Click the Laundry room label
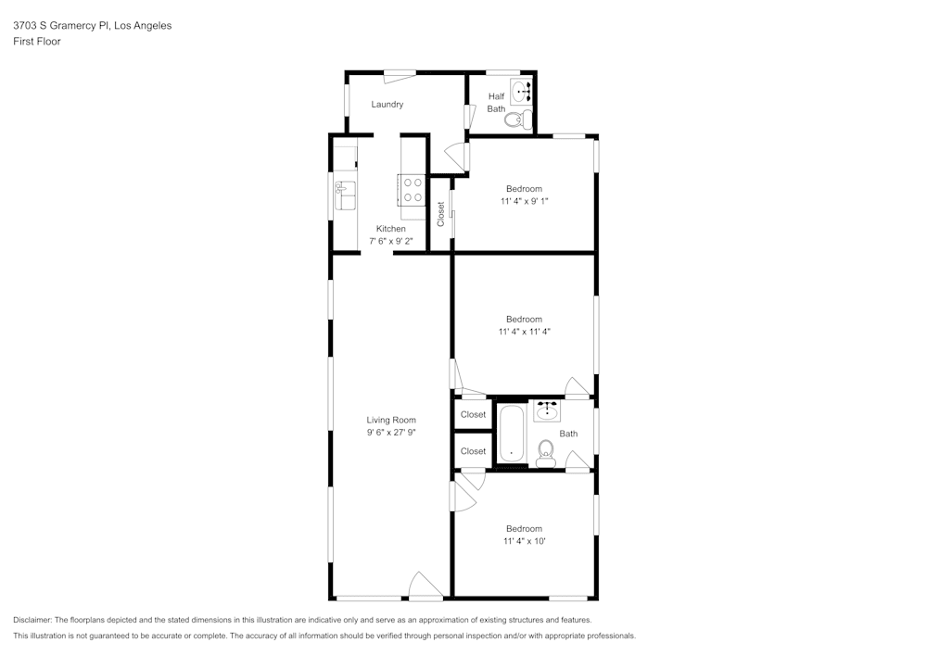(x=387, y=105)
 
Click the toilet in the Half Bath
(x=524, y=119)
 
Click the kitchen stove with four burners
(x=413, y=190)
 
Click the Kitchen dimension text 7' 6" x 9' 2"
(x=390, y=241)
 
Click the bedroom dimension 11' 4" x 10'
(x=524, y=541)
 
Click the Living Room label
(x=390, y=420)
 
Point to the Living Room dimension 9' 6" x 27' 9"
(x=390, y=432)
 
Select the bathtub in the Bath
(x=511, y=434)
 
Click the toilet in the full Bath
(x=545, y=450)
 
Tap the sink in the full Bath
(x=547, y=410)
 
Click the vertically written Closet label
(x=441, y=214)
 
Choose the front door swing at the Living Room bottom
(x=425, y=586)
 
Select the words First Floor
(x=37, y=42)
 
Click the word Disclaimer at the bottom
(x=33, y=620)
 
